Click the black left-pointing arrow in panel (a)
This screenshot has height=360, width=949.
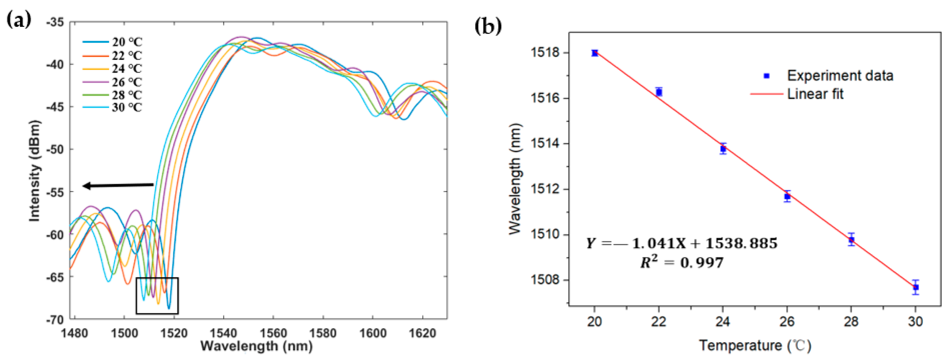coord(118,185)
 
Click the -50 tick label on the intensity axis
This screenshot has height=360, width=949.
coord(55,149)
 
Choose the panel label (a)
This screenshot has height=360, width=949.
coord(19,20)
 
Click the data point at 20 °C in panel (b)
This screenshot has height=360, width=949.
coord(594,53)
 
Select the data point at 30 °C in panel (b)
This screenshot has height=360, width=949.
coord(916,287)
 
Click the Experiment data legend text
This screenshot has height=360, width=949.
coord(840,76)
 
